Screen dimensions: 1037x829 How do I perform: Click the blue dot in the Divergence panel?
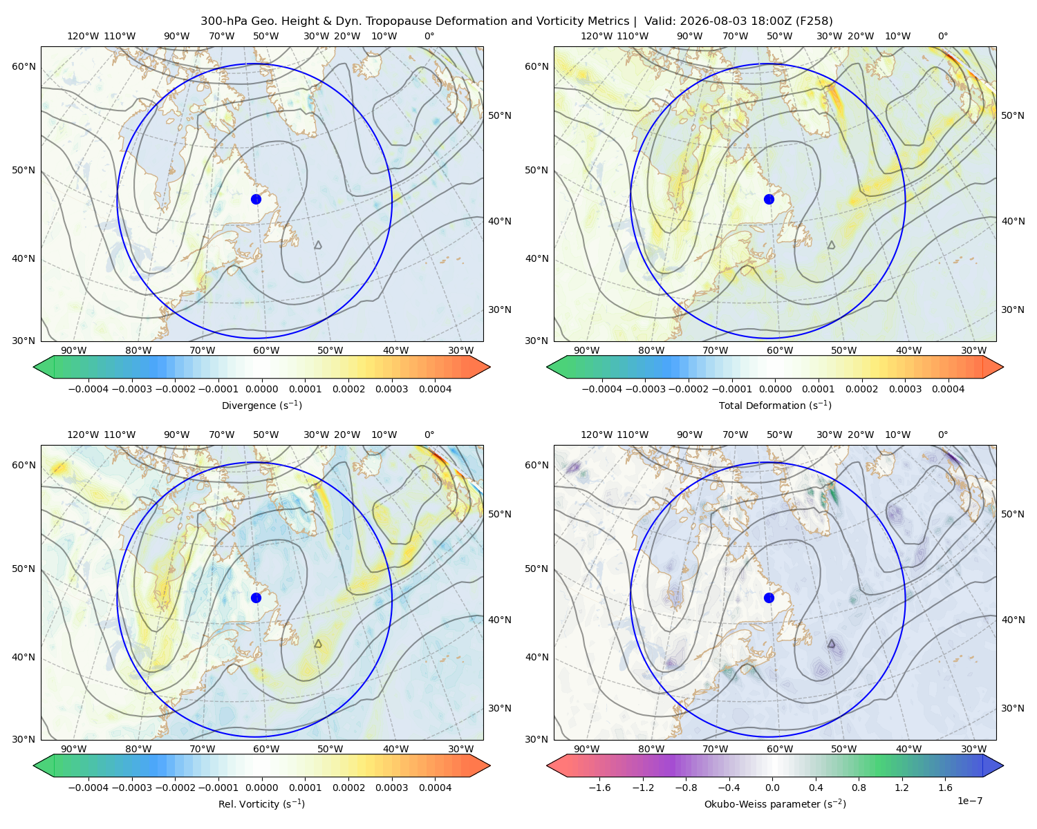tap(256, 200)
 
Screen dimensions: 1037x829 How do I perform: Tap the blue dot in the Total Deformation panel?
tap(769, 200)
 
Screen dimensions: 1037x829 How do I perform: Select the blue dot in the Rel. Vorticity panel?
tap(256, 598)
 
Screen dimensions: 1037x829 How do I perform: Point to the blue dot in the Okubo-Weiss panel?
tap(769, 598)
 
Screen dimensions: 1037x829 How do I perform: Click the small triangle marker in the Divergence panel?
tap(318, 245)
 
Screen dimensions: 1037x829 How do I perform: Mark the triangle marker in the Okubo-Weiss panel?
tap(831, 644)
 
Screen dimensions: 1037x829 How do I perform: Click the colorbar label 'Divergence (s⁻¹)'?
tap(261, 406)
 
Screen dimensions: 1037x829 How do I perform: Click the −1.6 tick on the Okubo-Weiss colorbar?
tap(599, 788)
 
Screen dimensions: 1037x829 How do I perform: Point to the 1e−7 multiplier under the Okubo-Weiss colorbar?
tap(969, 801)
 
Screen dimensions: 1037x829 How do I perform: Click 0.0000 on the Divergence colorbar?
tap(261, 389)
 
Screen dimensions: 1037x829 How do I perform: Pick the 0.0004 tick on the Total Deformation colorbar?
tap(949, 389)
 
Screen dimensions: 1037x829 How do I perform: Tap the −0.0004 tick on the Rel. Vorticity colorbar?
tap(88, 788)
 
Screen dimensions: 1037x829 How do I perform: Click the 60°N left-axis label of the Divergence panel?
tap(24, 66)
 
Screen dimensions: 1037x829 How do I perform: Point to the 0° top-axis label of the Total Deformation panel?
tap(942, 36)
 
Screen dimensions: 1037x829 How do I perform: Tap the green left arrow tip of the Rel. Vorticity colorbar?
tap(34, 765)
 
